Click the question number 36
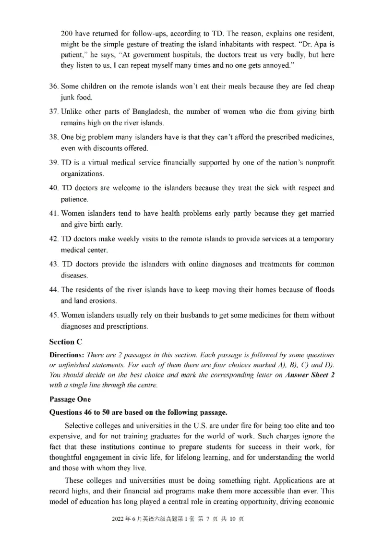53,86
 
